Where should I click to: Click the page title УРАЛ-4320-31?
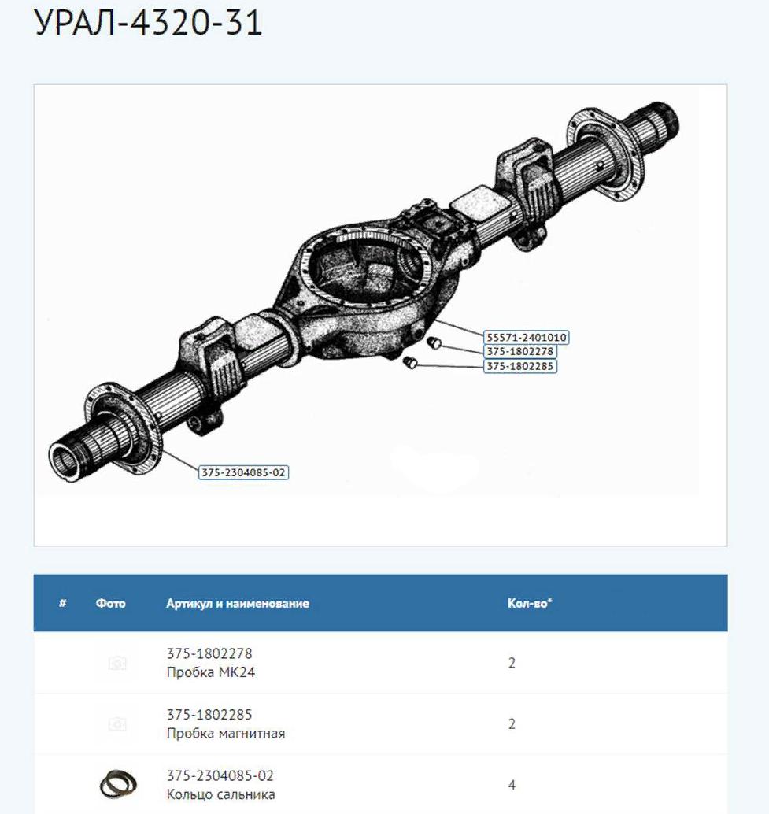[x=148, y=23]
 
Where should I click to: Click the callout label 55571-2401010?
[x=526, y=338]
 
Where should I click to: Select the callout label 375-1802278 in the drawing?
[x=520, y=351]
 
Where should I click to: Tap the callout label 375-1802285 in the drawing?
[x=520, y=366]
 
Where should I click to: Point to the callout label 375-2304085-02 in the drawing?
[x=243, y=472]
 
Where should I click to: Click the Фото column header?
[x=110, y=603]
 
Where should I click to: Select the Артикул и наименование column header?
[x=238, y=603]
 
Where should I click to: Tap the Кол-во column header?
[x=530, y=603]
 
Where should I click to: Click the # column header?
[x=63, y=603]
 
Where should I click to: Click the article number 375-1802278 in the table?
[x=209, y=653]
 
